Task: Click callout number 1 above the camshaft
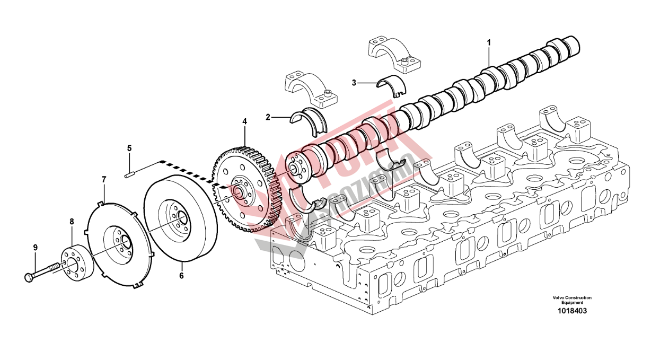489,41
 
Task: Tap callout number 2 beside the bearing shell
268,117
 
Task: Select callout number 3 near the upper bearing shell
354,82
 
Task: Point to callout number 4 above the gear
244,121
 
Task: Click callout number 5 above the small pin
129,148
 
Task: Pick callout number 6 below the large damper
181,276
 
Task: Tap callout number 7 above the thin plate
104,180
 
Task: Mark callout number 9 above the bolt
36,247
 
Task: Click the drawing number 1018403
571,311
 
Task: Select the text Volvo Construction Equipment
571,300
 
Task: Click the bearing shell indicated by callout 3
391,84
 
